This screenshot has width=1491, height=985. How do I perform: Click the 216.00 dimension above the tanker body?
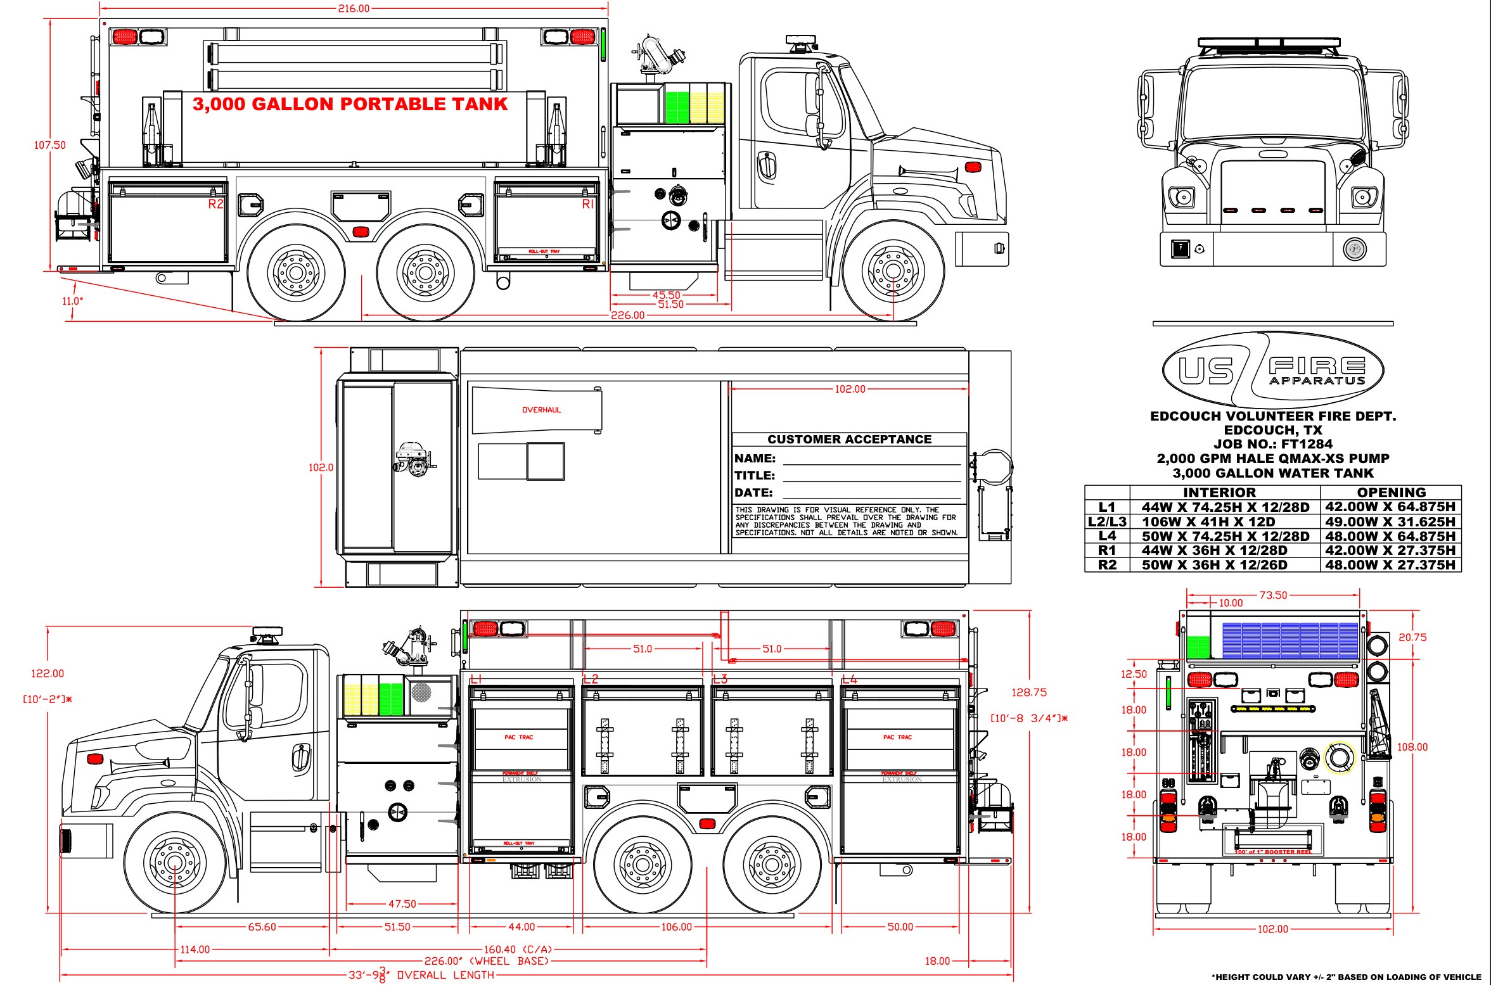coord(354,8)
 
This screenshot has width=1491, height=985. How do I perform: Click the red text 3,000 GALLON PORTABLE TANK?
coord(350,105)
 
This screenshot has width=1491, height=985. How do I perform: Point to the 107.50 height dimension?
coord(49,145)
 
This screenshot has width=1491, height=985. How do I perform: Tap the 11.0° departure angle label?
coord(72,301)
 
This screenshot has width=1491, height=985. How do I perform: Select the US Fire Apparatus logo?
coord(1272,370)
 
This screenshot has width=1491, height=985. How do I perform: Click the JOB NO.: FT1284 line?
coord(1272,444)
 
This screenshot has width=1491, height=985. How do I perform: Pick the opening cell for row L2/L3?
coord(1390,521)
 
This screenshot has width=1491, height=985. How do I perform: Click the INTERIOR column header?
coord(1219,492)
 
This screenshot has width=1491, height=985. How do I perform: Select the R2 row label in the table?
coord(1106,564)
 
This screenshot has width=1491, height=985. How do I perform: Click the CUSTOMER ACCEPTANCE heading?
coord(849,439)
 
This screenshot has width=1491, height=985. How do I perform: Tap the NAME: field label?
coord(755,458)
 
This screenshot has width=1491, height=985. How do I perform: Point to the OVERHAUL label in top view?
coord(541,410)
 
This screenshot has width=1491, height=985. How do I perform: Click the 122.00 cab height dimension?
coord(48,673)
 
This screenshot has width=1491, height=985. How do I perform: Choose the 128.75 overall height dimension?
coord(1029,692)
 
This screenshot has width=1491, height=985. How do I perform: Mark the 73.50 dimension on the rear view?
coord(1273,595)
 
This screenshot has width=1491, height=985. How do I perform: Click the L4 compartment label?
coord(849,679)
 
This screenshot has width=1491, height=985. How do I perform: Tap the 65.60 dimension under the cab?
coord(262,927)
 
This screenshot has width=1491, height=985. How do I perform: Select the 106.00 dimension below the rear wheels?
coord(676,927)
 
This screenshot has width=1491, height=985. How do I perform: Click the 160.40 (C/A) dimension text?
coord(518,950)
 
